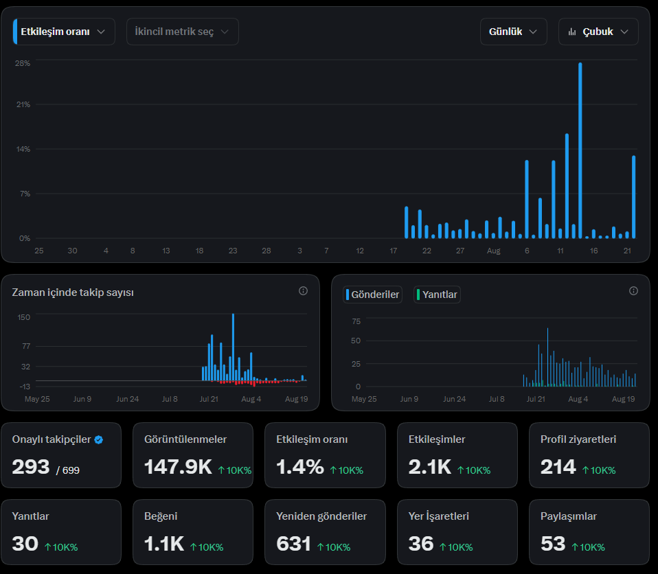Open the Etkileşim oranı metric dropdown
(x=64, y=32)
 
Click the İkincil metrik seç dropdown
(x=183, y=32)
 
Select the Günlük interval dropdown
(x=513, y=32)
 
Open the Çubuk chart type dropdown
(x=598, y=32)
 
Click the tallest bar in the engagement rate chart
(x=580, y=150)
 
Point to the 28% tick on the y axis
(x=23, y=63)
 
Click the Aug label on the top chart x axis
(x=493, y=251)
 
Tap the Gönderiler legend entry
(x=372, y=295)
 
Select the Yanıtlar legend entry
(x=437, y=295)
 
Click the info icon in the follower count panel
(x=303, y=291)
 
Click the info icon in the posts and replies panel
(x=633, y=291)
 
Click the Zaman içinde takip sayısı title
(x=73, y=292)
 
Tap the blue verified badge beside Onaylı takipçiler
(x=99, y=439)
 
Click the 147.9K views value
(x=178, y=467)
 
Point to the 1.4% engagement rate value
(x=299, y=467)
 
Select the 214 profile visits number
(x=558, y=467)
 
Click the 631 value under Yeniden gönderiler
(x=293, y=544)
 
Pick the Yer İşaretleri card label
(x=438, y=516)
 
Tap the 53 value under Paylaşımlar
(x=553, y=544)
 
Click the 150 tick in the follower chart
(x=23, y=317)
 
